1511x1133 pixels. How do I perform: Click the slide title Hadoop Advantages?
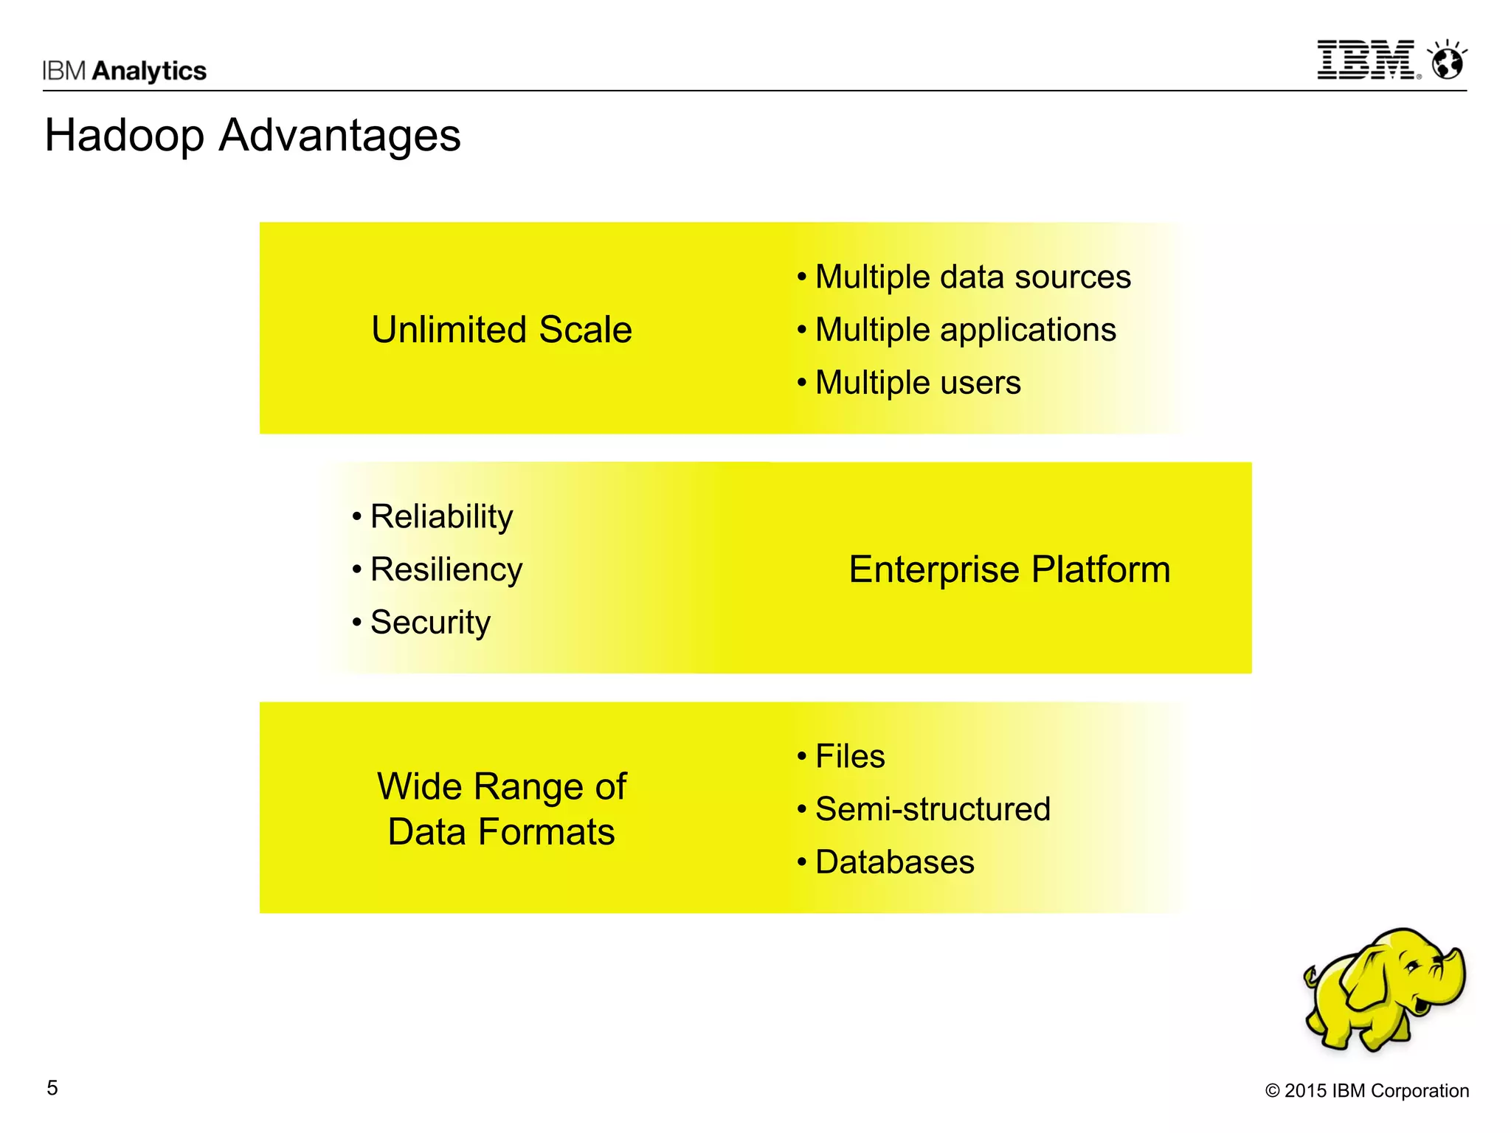point(252,136)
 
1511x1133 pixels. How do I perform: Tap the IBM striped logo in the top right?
point(1366,60)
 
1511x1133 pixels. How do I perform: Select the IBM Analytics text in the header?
point(124,71)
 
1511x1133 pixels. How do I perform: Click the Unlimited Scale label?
point(501,330)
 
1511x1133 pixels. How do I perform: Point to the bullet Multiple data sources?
point(972,277)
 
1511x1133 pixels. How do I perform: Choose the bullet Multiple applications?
point(964,330)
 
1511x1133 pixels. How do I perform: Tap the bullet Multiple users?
point(917,383)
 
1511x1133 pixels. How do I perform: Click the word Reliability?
point(441,516)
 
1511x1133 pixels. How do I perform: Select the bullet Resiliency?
point(446,569)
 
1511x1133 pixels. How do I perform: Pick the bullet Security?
point(429,623)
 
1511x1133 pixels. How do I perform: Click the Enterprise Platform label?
point(1009,569)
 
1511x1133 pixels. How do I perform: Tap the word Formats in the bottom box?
point(546,832)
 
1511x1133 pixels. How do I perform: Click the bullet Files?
point(849,757)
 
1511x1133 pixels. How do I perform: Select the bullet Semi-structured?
point(932,809)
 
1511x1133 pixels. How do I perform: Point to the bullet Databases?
point(894,862)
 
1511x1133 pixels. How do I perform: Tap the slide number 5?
point(52,1088)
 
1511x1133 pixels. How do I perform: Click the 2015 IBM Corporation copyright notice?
point(1366,1091)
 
